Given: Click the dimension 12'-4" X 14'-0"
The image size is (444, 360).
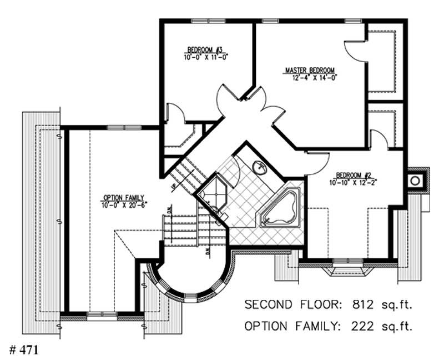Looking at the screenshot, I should pyautogui.click(x=310, y=77).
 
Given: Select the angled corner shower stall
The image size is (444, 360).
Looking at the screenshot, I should pyautogui.click(x=211, y=191).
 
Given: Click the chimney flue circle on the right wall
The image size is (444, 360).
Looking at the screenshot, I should pyautogui.click(x=414, y=180).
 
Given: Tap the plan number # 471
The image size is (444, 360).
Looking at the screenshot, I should pyautogui.click(x=23, y=350).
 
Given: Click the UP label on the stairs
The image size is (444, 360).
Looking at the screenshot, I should pyautogui.click(x=174, y=186).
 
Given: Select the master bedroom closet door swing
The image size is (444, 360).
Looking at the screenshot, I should pyautogui.click(x=354, y=51).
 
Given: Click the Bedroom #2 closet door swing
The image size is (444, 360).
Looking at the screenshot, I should pyautogui.click(x=379, y=139).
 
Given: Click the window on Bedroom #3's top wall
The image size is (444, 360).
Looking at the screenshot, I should pyautogui.click(x=204, y=21).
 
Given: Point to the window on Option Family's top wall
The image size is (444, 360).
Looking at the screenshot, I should pyautogui.click(x=118, y=128).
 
